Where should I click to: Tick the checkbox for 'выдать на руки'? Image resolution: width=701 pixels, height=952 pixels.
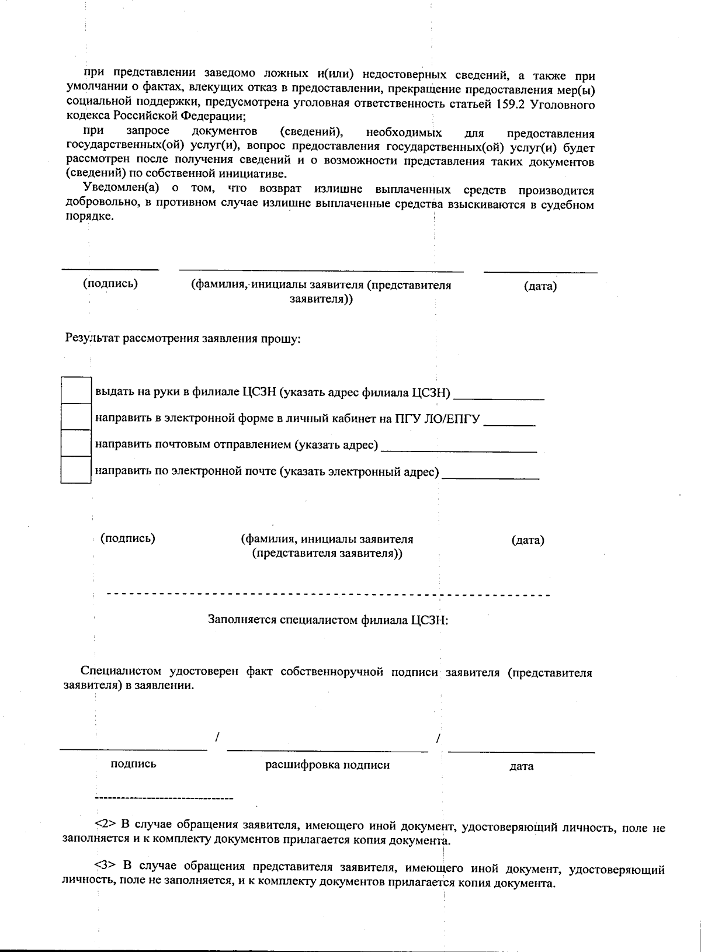click(76, 390)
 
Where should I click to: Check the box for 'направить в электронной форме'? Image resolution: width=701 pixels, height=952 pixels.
click(76, 417)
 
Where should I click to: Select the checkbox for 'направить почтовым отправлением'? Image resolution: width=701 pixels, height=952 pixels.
click(76, 443)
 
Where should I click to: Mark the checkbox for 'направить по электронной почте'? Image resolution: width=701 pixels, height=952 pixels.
click(76, 470)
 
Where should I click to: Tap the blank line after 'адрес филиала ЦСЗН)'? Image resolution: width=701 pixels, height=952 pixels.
click(499, 398)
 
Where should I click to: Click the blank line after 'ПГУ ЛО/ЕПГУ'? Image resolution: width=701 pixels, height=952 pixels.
click(510, 425)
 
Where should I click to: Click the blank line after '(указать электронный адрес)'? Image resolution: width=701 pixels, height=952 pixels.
click(491, 478)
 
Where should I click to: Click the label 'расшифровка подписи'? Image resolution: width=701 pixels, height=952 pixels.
click(327, 765)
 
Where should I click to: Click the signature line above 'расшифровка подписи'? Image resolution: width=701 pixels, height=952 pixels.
click(327, 751)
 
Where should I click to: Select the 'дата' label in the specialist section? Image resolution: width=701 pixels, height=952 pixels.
click(521, 766)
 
